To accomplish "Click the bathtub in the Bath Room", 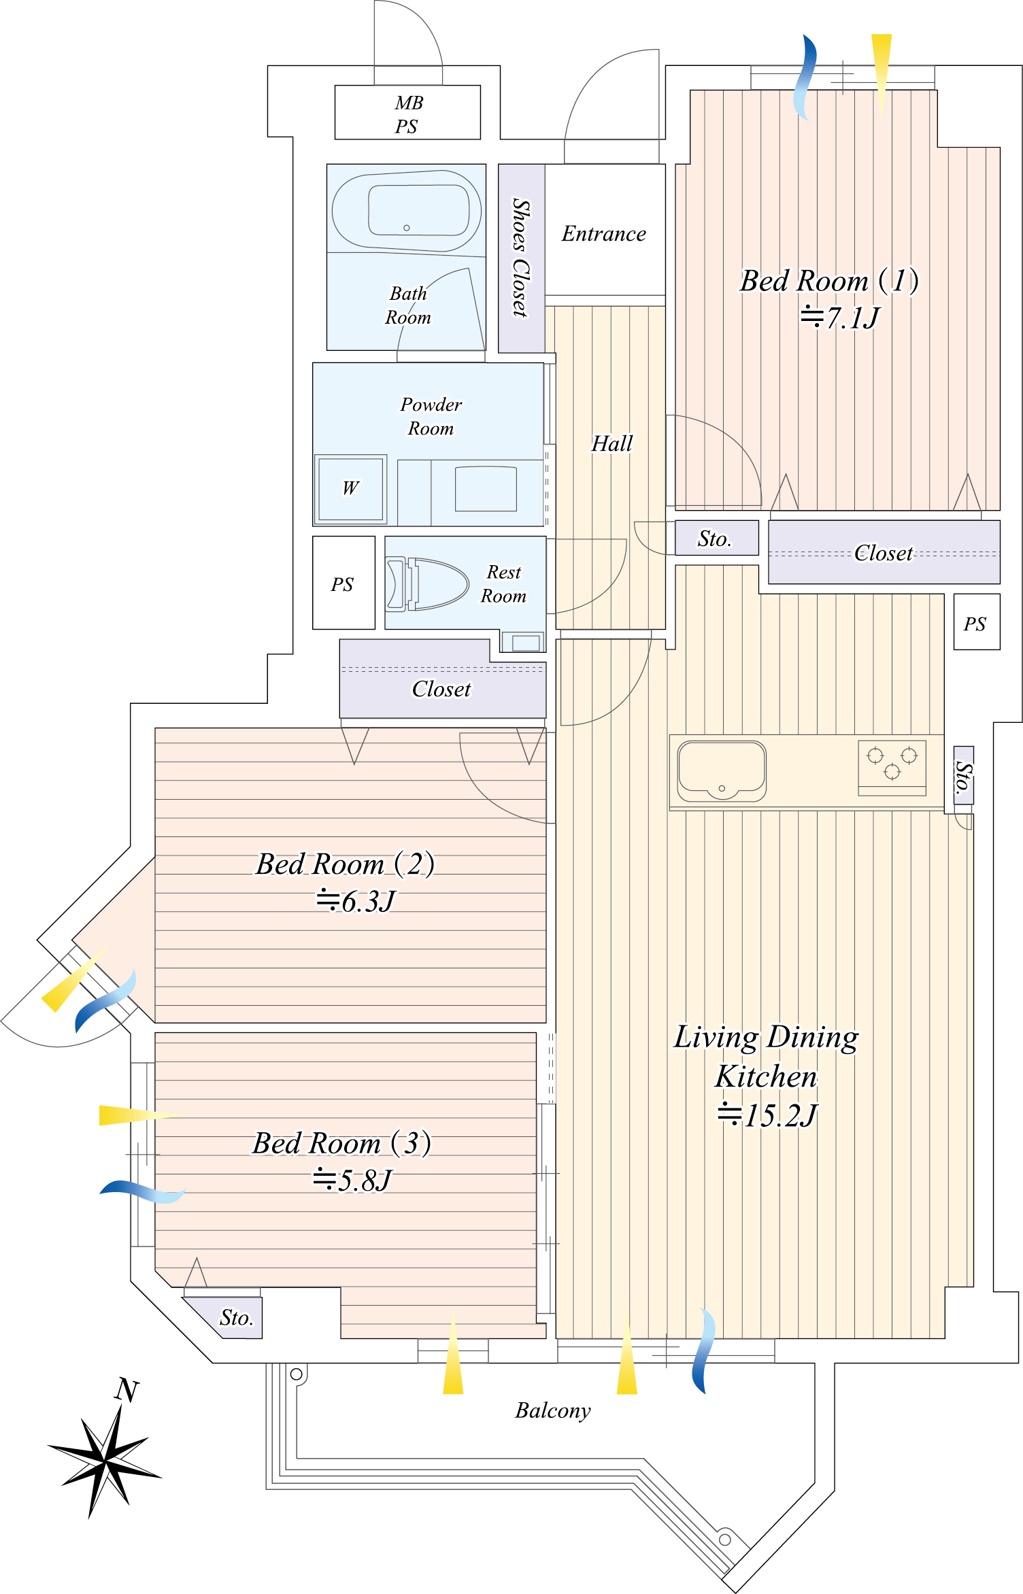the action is (407, 210).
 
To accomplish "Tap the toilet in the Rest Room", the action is (426, 583).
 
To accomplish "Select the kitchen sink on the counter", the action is (722, 770).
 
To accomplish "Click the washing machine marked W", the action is (350, 489).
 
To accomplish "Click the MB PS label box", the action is (407, 113).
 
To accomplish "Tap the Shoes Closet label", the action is (521, 258).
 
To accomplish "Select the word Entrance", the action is (604, 234).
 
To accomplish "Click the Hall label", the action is (612, 443).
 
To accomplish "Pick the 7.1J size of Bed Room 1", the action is (841, 318).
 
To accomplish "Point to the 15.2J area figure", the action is (768, 1115).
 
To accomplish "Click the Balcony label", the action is (553, 1411).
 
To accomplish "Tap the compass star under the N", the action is (105, 1459).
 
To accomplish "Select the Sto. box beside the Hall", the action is (717, 538).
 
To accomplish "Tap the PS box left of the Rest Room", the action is (343, 583).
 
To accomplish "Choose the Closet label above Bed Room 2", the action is (441, 690).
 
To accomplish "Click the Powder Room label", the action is (431, 416).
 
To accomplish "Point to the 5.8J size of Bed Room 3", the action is (352, 1181).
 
